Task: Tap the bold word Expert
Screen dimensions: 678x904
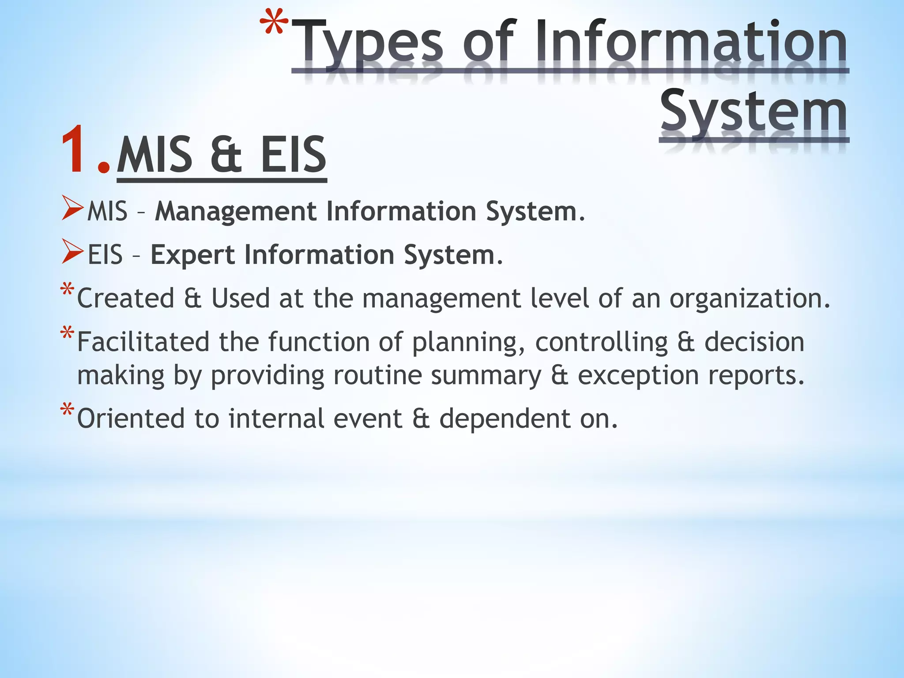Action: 192,255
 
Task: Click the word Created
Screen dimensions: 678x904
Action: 126,298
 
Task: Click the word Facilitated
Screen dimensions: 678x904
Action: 143,342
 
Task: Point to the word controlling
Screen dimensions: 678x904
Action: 601,342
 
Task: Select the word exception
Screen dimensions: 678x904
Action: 638,376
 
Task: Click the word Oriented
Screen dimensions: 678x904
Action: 131,418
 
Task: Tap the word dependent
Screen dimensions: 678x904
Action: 505,418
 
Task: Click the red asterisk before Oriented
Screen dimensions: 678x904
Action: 67,410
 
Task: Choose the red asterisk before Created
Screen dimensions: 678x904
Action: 67,290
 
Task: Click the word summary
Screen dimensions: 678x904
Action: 486,376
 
